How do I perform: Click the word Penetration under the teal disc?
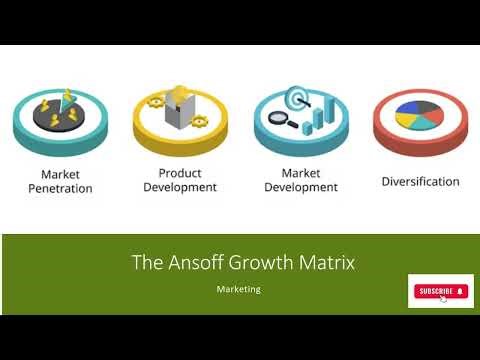[60, 188]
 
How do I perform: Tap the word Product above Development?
[180, 173]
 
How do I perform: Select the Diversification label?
[420, 182]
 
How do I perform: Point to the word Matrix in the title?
[326, 263]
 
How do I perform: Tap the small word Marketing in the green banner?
[239, 289]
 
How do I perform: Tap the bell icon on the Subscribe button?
[460, 291]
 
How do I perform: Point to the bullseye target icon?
[296, 99]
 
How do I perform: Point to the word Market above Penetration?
[60, 173]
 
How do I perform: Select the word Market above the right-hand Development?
[301, 173]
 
